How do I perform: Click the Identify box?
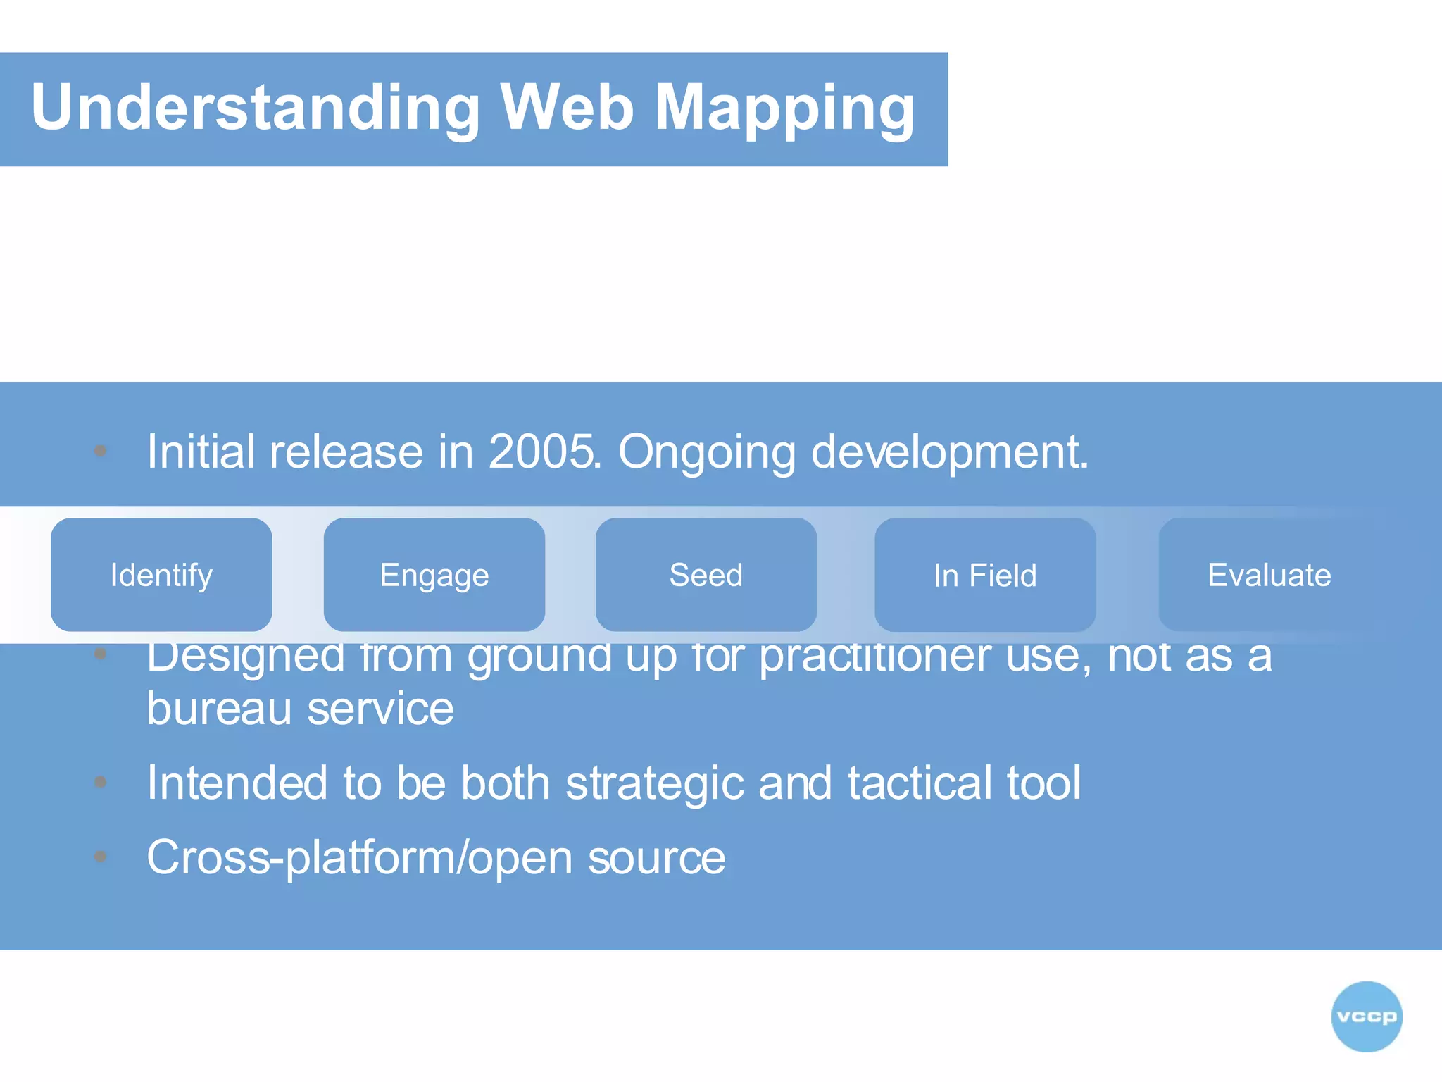161,575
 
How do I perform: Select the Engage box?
434,575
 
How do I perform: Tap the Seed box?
706,575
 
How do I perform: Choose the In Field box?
984,575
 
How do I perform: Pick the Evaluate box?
1269,575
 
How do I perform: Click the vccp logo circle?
1366,1016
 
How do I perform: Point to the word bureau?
219,709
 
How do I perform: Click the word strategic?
654,783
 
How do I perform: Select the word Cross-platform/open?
359,858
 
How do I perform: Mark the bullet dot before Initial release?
101,451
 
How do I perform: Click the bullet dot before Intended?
101,782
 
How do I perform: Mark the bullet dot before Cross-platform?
101,857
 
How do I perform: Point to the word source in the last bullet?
656,858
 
